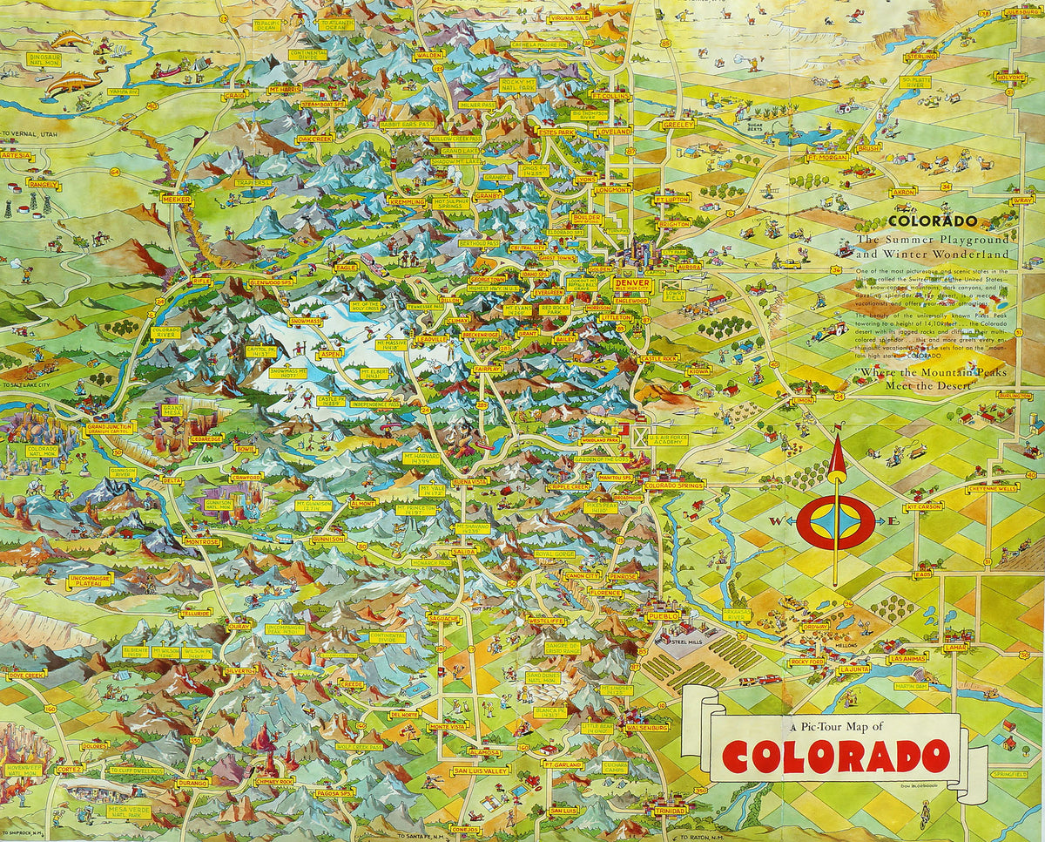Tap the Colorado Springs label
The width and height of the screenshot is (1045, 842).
pyautogui.click(x=675, y=485)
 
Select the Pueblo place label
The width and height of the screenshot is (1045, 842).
pyautogui.click(x=659, y=616)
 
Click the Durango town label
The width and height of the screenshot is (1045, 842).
pyautogui.click(x=192, y=782)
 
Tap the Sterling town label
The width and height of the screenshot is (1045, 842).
pyautogui.click(x=920, y=57)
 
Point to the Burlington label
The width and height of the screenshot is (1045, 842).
pyautogui.click(x=1015, y=396)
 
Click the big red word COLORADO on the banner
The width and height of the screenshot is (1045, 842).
pyautogui.click(x=834, y=756)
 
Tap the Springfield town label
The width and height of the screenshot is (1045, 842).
pyautogui.click(x=1008, y=772)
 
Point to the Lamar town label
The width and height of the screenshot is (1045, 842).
pyautogui.click(x=954, y=647)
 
